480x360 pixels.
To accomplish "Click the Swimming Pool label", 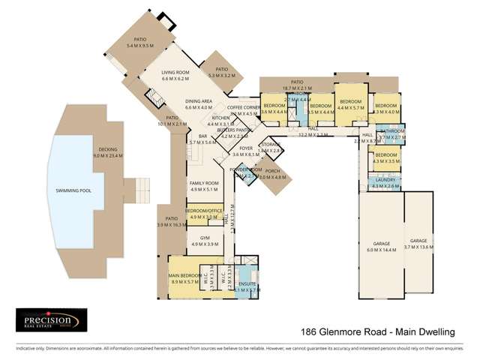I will pos(73,191).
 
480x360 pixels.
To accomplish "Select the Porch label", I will pos(272,174).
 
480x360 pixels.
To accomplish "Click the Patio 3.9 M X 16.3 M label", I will pos(170,222).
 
